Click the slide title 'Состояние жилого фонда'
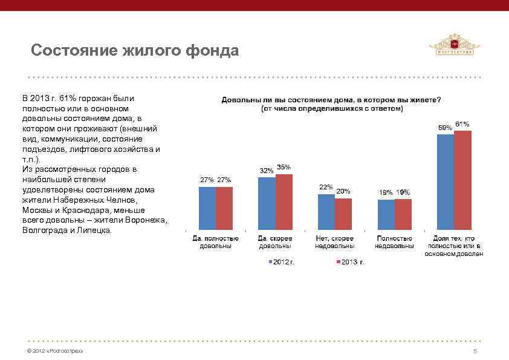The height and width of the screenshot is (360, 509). pos(135,50)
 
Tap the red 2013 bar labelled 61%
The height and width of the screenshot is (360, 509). pos(462,180)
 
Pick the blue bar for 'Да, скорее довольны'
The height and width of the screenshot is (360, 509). pos(266,203)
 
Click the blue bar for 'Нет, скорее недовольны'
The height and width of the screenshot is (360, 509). pos(326,212)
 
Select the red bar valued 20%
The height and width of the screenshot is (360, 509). pos(343,214)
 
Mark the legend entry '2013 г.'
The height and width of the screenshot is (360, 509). pos(350,262)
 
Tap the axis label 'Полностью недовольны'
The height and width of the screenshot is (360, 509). pos(394,242)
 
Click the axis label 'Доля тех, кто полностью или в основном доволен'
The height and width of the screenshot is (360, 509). pos(453,246)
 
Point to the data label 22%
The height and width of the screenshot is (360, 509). pos(326,188)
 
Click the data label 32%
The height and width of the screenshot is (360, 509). pos(266,171)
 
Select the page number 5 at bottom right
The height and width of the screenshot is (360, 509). pos(475,351)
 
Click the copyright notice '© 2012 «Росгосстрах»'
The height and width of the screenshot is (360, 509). pos(51,351)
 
